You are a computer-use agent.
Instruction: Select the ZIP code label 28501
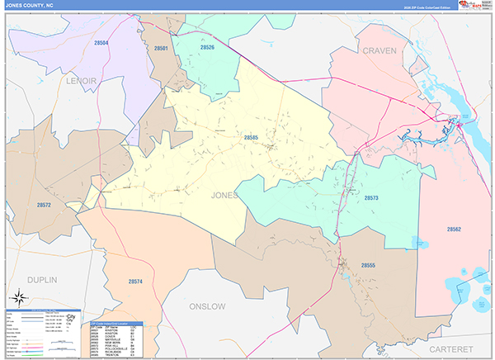point(162,50)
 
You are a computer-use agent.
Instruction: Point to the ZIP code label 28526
point(207,48)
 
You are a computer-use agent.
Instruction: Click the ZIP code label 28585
point(251,137)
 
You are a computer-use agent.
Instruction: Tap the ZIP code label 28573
point(370,199)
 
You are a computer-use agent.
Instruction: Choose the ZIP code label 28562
point(454,229)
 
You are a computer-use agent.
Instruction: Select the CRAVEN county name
point(379,50)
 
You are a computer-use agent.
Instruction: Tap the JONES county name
point(224,196)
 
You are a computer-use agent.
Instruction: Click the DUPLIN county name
point(41,281)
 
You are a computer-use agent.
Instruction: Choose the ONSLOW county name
point(208,306)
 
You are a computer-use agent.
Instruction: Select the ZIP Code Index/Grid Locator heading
point(114,324)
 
